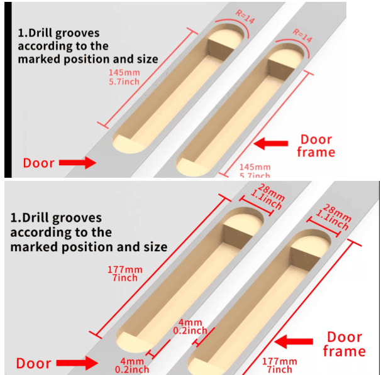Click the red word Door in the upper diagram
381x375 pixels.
coord(38,163)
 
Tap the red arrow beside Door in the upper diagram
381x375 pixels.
coord(77,163)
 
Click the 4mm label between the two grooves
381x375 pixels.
coord(192,326)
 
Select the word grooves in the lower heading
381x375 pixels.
coord(78,218)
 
